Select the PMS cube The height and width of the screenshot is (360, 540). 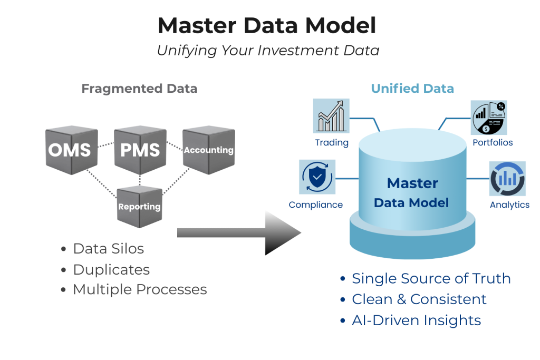click(x=140, y=150)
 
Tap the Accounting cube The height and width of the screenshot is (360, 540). click(x=208, y=150)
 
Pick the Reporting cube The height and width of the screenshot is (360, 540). click(x=139, y=206)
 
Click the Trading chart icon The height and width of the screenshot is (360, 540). click(x=331, y=116)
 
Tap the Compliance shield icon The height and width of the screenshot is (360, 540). click(x=316, y=178)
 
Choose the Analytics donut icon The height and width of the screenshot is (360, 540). click(x=508, y=178)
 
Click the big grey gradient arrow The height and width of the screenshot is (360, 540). click(x=237, y=232)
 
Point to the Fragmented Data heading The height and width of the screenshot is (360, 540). click(x=139, y=89)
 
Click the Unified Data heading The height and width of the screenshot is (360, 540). click(x=412, y=89)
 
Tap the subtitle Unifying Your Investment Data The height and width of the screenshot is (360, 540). click(x=268, y=51)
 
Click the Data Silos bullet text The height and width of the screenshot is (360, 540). click(x=108, y=248)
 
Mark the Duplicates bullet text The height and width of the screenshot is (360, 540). click(x=111, y=269)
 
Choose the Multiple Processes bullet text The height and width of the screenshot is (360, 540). click(x=140, y=289)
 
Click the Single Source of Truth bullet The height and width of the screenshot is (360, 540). click(x=431, y=278)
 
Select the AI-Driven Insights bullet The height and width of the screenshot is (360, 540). click(x=416, y=320)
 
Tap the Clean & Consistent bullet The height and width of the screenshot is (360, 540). click(x=419, y=299)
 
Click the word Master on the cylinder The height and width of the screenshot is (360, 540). click(x=412, y=183)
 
